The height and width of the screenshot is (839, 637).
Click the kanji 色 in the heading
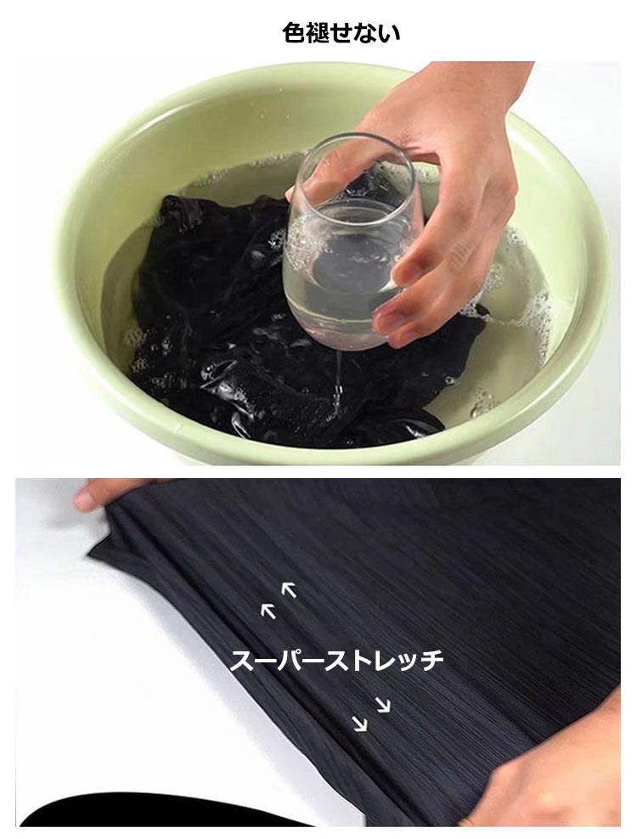293,33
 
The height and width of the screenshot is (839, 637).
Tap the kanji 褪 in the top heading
317,33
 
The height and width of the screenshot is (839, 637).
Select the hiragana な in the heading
365,33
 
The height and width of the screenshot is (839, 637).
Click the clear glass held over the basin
351,247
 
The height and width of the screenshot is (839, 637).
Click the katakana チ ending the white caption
430,661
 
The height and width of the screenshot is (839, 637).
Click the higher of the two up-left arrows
289,589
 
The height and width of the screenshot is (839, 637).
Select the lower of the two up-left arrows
268,611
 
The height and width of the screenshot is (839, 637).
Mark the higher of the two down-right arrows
383,705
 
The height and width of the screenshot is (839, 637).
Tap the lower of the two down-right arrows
361,724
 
